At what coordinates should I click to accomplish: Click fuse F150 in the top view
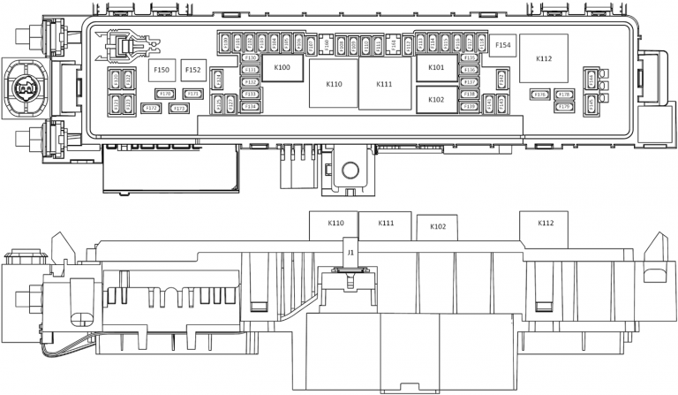point(161,70)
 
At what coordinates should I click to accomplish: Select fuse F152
point(192,70)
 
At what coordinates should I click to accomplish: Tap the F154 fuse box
point(502,45)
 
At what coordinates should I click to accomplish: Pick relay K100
point(282,67)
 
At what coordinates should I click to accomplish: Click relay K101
point(436,68)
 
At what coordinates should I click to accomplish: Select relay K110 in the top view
point(334,84)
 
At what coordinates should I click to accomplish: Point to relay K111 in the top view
point(383,84)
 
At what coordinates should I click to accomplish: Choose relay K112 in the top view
point(543,59)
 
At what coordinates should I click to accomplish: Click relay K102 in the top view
point(436,100)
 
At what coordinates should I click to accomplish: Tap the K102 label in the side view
point(437,227)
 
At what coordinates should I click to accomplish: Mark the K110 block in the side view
point(335,224)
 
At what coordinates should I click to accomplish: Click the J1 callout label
point(350,253)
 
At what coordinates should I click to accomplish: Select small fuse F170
point(163,93)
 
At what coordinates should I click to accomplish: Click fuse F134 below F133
point(250,106)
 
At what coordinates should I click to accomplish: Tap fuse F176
point(540,94)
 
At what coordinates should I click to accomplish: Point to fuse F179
point(565,106)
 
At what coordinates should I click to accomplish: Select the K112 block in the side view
point(546,224)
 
